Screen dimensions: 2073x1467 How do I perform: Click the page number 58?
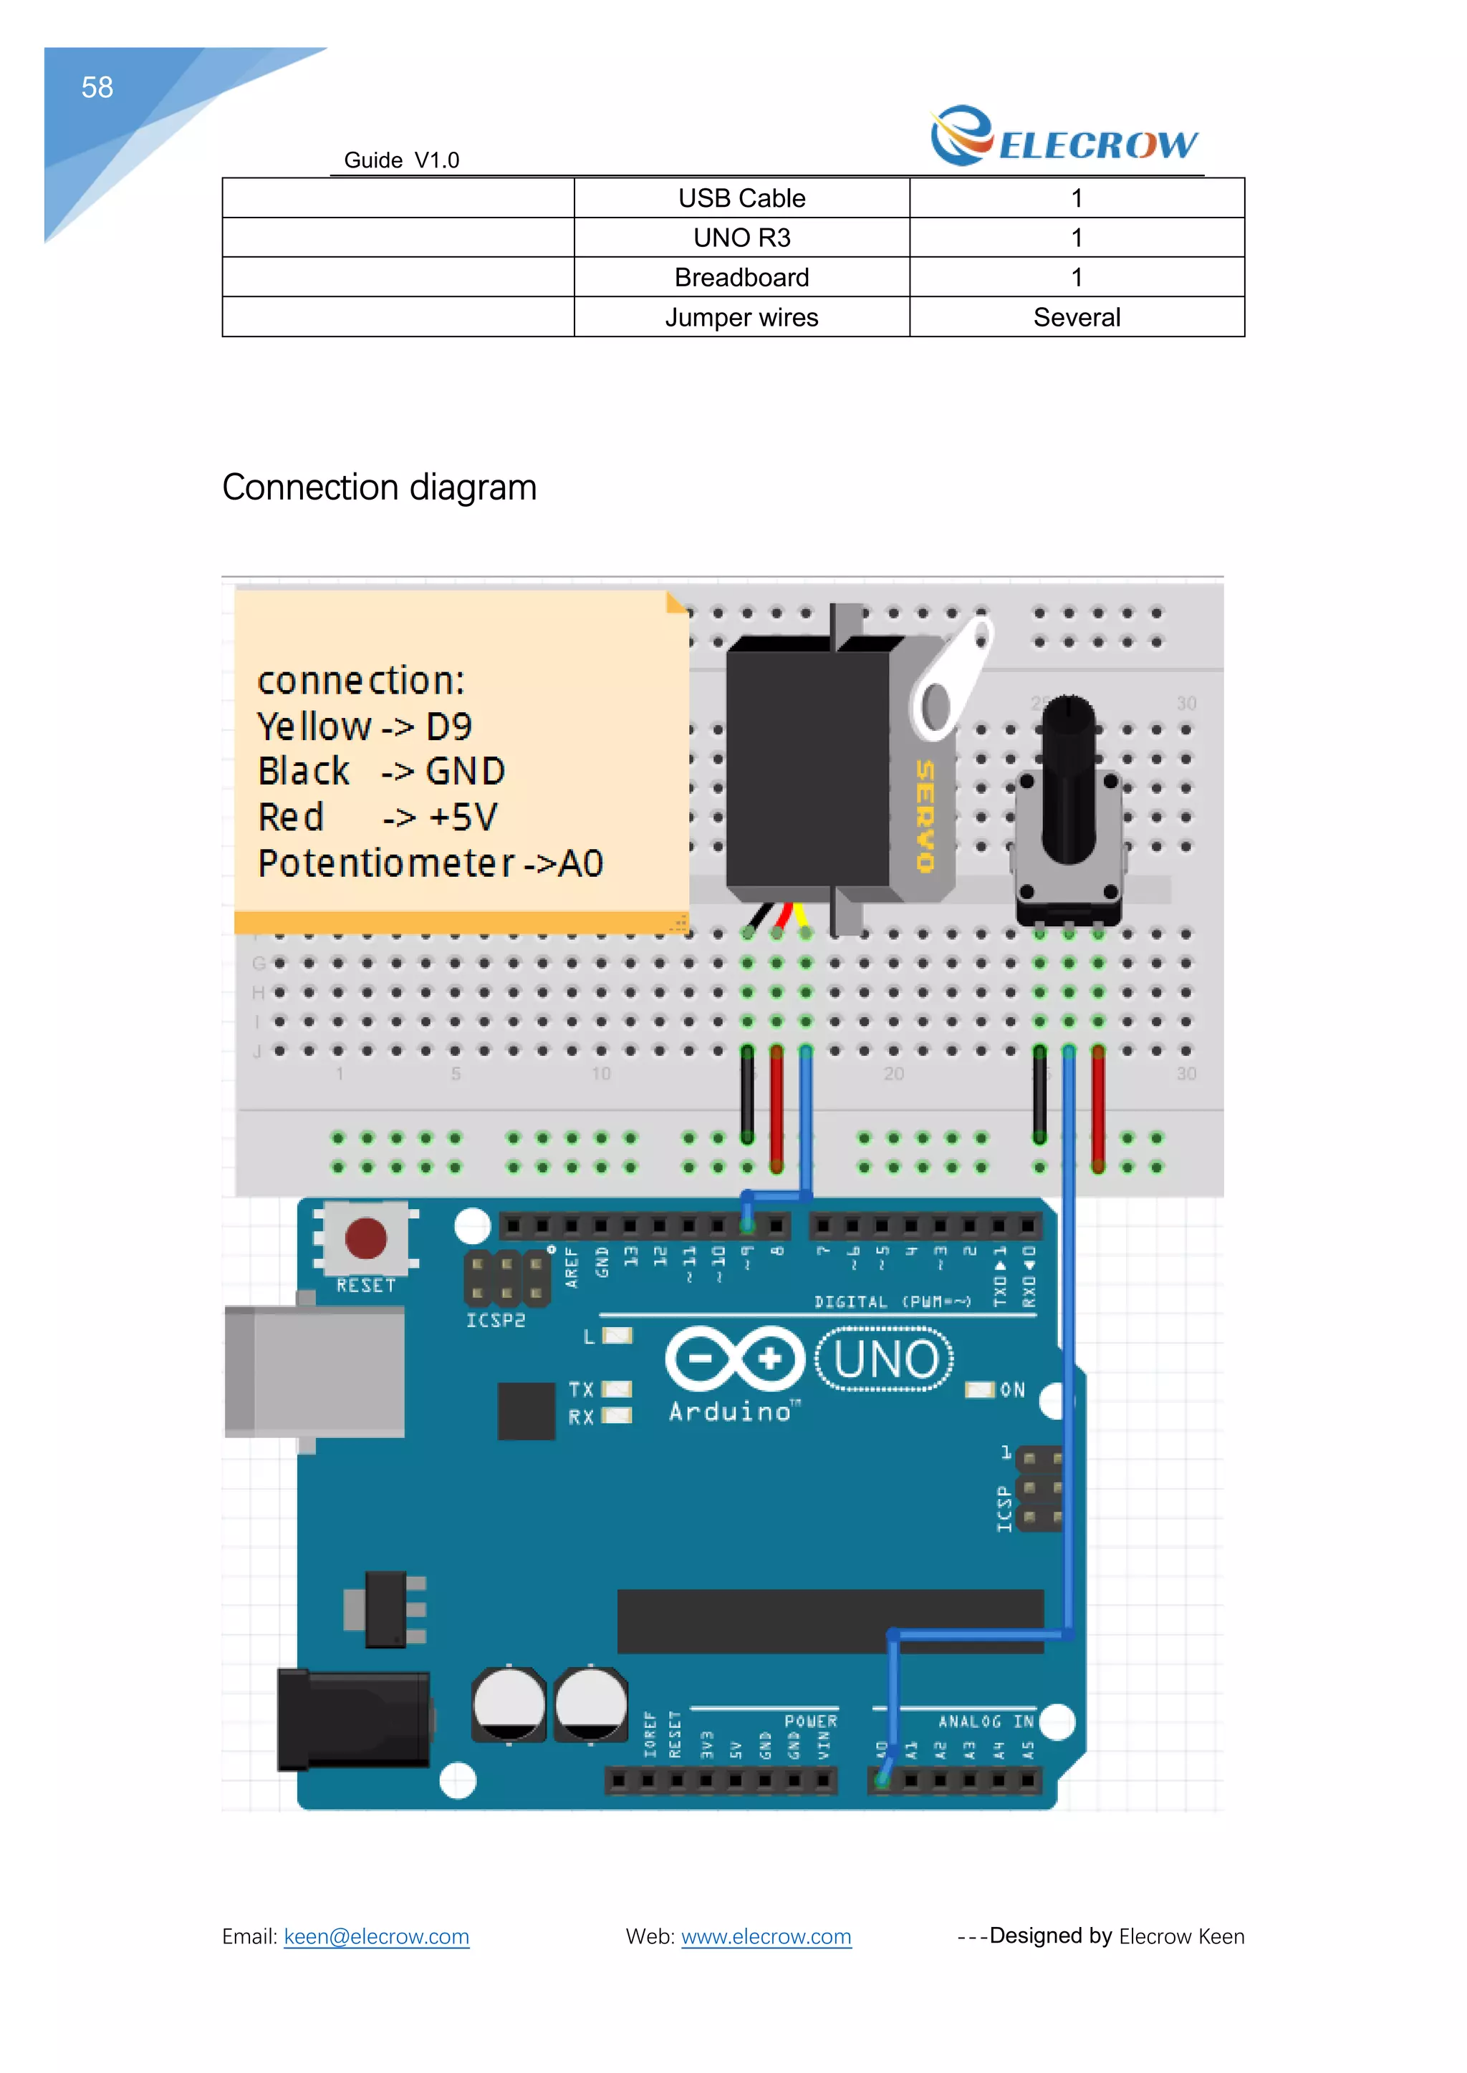97,87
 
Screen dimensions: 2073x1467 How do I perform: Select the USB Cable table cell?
741,198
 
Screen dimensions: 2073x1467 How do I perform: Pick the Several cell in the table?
1076,317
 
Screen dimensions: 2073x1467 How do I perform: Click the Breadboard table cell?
741,277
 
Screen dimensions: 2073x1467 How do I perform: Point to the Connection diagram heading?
380,487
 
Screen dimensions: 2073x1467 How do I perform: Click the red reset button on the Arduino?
366,1238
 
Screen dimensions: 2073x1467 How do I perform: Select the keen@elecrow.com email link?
376,1937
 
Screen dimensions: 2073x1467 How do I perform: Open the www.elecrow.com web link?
766,1937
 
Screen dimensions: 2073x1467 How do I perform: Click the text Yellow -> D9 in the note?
364,727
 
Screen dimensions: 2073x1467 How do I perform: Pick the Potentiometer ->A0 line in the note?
430,864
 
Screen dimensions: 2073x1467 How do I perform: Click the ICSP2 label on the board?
495,1320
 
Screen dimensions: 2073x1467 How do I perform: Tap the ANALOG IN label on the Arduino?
986,1722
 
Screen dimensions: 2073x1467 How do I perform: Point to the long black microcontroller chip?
830,1621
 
